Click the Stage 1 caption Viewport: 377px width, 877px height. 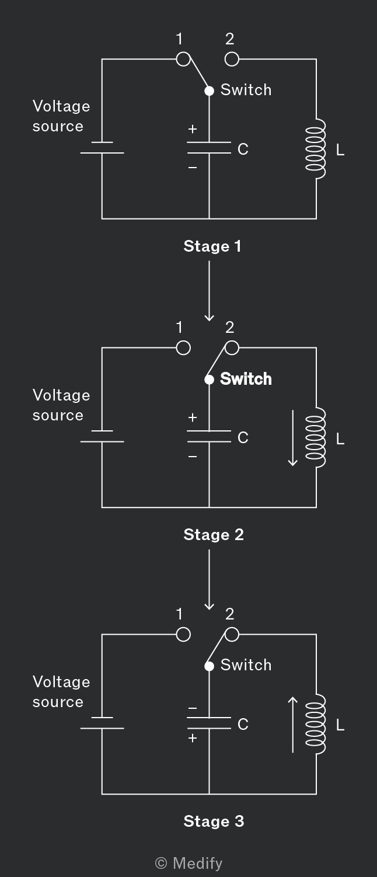coord(212,246)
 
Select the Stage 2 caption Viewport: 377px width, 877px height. coord(214,535)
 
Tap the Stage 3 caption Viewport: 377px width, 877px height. coord(214,821)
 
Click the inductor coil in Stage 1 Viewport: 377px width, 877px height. coord(316,149)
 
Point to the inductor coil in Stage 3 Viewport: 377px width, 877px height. coord(316,723)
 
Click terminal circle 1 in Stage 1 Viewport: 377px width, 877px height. coord(183,59)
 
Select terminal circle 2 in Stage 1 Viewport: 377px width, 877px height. coord(232,59)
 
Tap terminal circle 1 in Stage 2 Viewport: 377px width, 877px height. coord(183,347)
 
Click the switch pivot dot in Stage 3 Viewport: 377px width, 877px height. coord(209,666)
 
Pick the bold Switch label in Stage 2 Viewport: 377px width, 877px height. coord(246,379)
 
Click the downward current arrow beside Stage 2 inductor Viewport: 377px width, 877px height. coord(293,438)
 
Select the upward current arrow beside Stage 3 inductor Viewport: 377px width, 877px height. coord(293,725)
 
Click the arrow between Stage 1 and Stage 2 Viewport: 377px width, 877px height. coord(209,291)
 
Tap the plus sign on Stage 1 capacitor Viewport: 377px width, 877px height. coord(192,129)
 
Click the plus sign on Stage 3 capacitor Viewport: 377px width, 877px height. coord(192,738)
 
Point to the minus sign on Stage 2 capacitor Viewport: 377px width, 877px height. coord(192,456)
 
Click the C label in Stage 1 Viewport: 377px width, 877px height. coord(243,149)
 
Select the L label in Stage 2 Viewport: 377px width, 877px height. coord(340,439)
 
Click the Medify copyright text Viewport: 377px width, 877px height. coord(188,864)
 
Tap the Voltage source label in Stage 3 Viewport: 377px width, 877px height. coord(61,692)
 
